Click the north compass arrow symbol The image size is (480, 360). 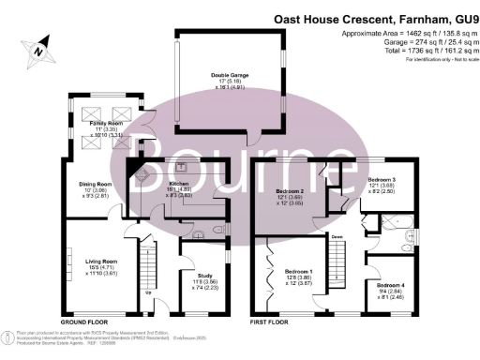pos(35,49)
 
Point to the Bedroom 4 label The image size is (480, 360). pos(390,287)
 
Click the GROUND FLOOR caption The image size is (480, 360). pos(82,320)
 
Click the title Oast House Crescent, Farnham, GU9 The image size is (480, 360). pos(373,18)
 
